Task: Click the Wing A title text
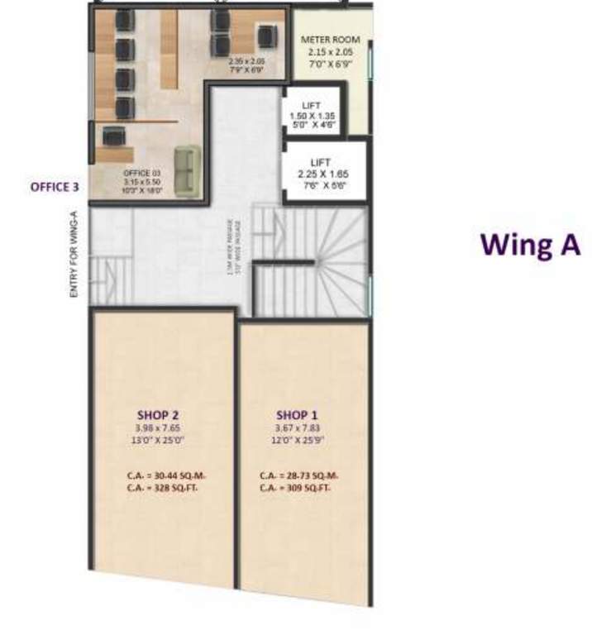pos(532,245)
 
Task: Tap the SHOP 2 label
pos(159,414)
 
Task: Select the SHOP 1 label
pos(297,414)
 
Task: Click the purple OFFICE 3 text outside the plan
pos(55,187)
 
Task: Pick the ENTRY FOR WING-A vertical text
pos(74,255)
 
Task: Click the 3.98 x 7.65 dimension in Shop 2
pos(159,428)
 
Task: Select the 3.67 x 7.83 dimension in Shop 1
pos(297,428)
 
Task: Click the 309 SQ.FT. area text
pos(297,488)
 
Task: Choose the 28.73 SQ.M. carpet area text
pos(297,475)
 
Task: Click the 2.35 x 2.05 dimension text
pos(246,60)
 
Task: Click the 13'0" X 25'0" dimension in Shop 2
pos(159,440)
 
